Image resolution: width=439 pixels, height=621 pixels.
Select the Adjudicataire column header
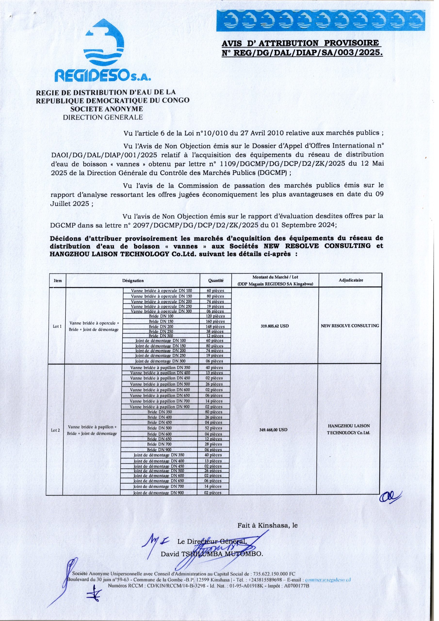[351, 280]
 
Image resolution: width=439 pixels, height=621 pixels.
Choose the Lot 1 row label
[57, 326]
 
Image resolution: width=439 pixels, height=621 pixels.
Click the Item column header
[58, 280]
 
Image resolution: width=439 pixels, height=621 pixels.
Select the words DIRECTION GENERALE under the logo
[103, 117]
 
